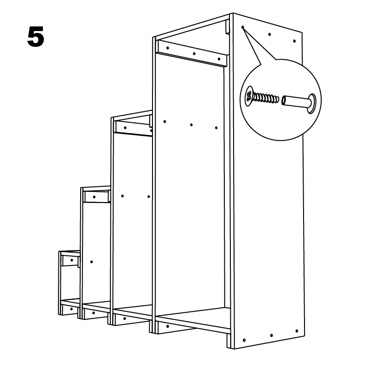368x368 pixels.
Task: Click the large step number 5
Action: pyautogui.click(x=36, y=37)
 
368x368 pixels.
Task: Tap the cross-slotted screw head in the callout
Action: pyautogui.click(x=249, y=96)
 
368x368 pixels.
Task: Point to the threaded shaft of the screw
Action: pyautogui.click(x=266, y=98)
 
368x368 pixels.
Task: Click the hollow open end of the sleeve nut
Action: pyautogui.click(x=284, y=101)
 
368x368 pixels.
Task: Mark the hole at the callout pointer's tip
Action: pyautogui.click(x=243, y=27)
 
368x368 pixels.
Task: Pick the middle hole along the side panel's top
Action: pyautogui.click(x=269, y=34)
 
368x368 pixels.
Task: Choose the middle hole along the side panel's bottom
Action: pyautogui.click(x=272, y=336)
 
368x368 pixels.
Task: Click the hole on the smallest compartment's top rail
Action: pyautogui.click(x=72, y=260)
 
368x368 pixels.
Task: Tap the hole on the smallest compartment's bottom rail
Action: pyautogui.click(x=71, y=309)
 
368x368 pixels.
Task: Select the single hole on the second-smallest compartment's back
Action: pyautogui.click(x=91, y=262)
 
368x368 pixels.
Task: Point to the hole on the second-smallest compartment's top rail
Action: pyautogui.click(x=94, y=197)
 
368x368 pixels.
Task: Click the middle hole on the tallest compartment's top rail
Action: pyautogui.click(x=194, y=54)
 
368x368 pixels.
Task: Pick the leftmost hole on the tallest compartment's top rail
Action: pyautogui.click(x=168, y=48)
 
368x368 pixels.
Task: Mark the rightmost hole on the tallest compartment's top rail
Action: pyautogui.click(x=219, y=59)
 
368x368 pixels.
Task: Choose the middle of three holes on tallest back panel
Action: pyautogui.click(x=191, y=125)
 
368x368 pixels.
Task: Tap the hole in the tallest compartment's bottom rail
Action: pyautogui.click(x=168, y=326)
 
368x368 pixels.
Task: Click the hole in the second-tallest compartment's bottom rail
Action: pyautogui.click(x=124, y=319)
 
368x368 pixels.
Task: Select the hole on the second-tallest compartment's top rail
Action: pyautogui.click(x=125, y=128)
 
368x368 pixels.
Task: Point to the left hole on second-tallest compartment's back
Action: pyautogui.click(x=122, y=196)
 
